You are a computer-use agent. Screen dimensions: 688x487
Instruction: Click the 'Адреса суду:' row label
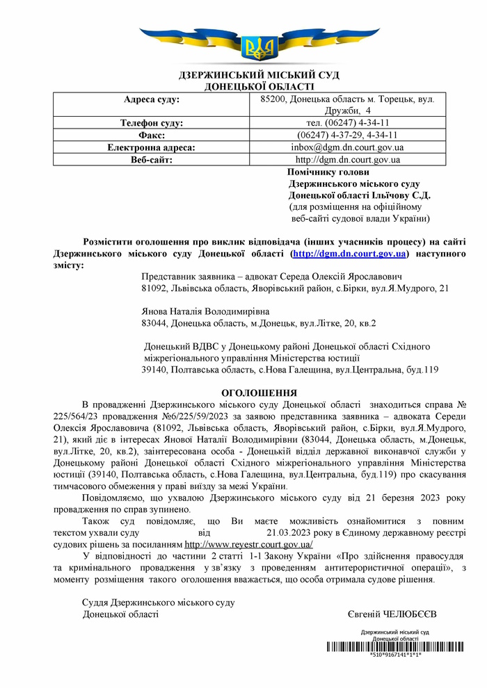(x=151, y=99)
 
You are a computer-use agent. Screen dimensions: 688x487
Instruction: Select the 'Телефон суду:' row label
(x=151, y=123)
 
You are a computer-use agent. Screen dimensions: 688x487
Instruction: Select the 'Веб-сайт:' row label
(x=151, y=159)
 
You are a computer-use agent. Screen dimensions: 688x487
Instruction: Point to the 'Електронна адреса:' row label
(x=151, y=147)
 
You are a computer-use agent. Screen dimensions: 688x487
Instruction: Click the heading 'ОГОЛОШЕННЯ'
(x=259, y=393)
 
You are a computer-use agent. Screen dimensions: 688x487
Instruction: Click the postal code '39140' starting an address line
(x=153, y=370)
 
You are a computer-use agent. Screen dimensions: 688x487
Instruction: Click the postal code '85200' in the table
(x=264, y=99)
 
